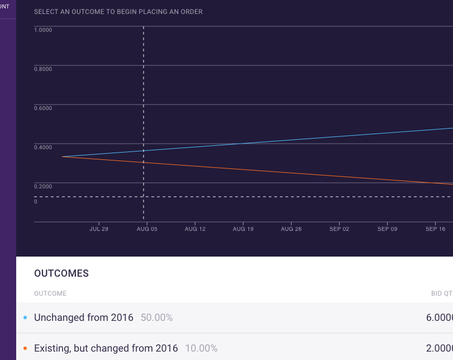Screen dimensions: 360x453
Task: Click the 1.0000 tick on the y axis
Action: click(x=43, y=30)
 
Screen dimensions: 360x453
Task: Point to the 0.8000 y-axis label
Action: click(x=43, y=69)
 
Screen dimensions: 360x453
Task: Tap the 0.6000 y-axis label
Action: click(x=43, y=108)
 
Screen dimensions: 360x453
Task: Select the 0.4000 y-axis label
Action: click(x=43, y=147)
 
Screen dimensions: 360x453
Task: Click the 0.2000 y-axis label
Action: click(x=43, y=186)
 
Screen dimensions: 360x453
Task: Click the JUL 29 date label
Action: click(x=99, y=229)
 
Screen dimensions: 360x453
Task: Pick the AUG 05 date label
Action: click(x=147, y=229)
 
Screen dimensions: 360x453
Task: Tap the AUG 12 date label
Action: click(x=195, y=229)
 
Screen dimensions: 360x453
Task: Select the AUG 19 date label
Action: click(x=243, y=229)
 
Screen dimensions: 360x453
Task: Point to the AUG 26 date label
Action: click(x=291, y=229)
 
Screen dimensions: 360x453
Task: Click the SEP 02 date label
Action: click(x=339, y=229)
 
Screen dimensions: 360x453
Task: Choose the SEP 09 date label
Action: click(x=387, y=229)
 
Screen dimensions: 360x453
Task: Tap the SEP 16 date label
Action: click(x=435, y=229)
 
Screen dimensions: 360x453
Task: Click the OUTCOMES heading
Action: click(x=61, y=273)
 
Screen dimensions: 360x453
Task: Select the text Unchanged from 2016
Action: click(x=84, y=318)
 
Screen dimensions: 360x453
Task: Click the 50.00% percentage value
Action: click(x=156, y=318)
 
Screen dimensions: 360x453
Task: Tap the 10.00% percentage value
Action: click(x=201, y=348)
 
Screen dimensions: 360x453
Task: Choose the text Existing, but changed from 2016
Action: click(x=106, y=348)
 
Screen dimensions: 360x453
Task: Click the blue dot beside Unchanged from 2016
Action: click(x=25, y=318)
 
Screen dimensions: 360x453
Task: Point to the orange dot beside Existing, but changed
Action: click(x=25, y=348)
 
